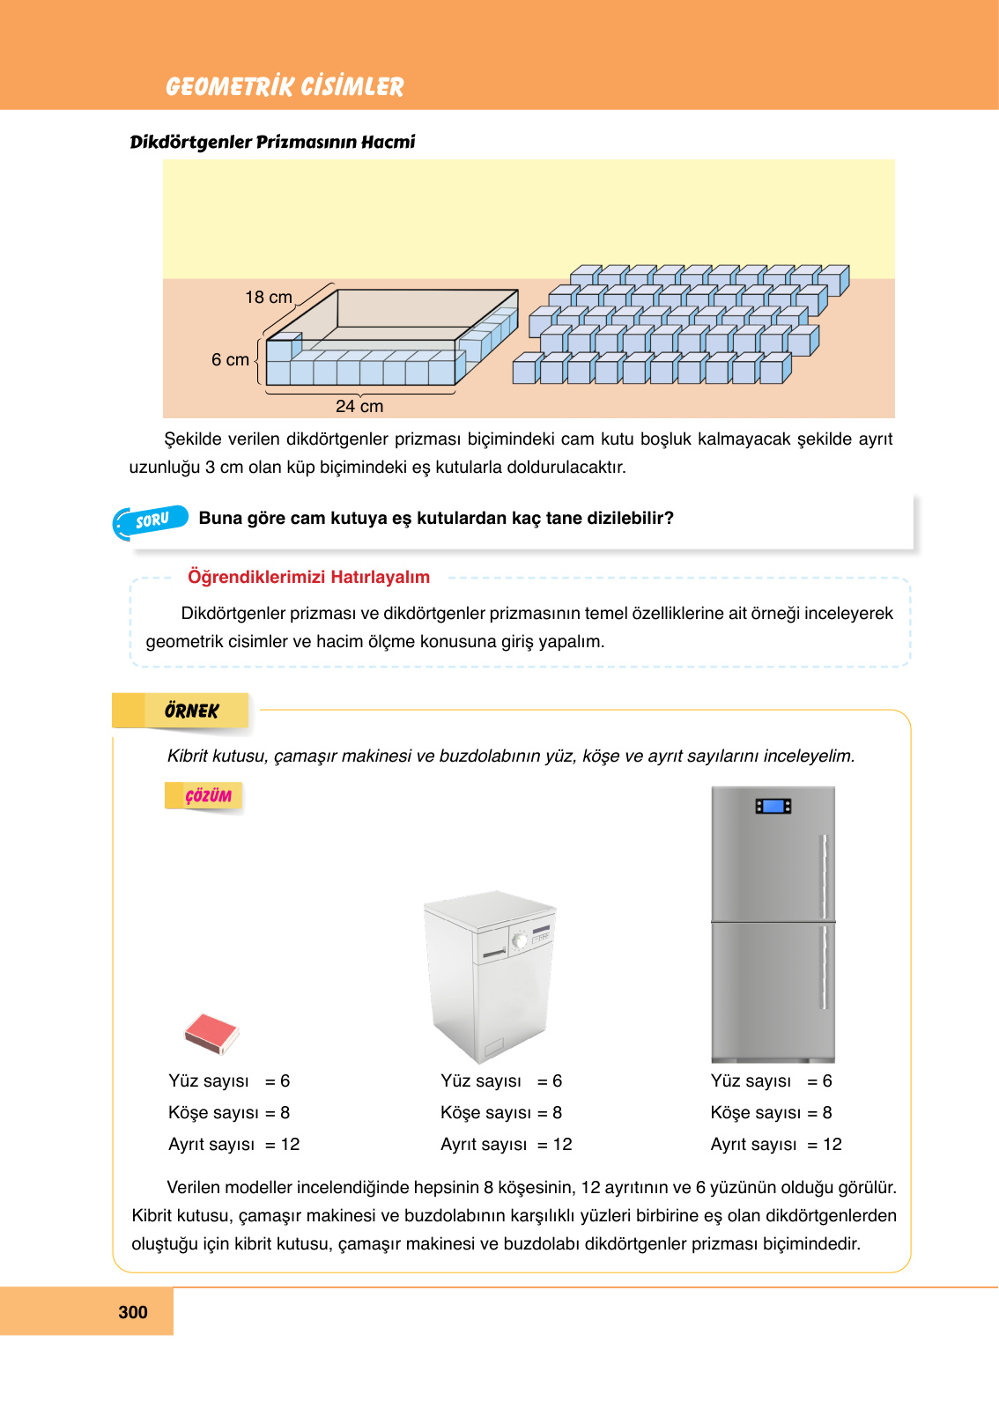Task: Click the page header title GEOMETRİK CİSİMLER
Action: [284, 86]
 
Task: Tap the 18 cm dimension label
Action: [268, 298]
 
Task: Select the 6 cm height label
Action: [230, 360]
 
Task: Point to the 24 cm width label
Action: [359, 407]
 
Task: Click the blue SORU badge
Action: [152, 520]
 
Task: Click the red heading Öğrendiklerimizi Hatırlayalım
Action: [308, 578]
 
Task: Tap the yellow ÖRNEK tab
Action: [190, 711]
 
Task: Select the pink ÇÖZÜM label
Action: [208, 796]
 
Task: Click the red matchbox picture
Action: [211, 1033]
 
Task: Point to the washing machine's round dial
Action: [520, 940]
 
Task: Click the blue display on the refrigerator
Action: [773, 806]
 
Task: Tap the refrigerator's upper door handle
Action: [825, 876]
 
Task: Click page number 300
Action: [133, 1312]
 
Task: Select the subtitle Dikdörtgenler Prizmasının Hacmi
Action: [272, 142]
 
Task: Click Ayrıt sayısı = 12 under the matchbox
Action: [233, 1145]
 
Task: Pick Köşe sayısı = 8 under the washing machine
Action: [500, 1113]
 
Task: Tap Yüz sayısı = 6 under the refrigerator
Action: [771, 1081]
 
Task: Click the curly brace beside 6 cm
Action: [257, 361]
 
